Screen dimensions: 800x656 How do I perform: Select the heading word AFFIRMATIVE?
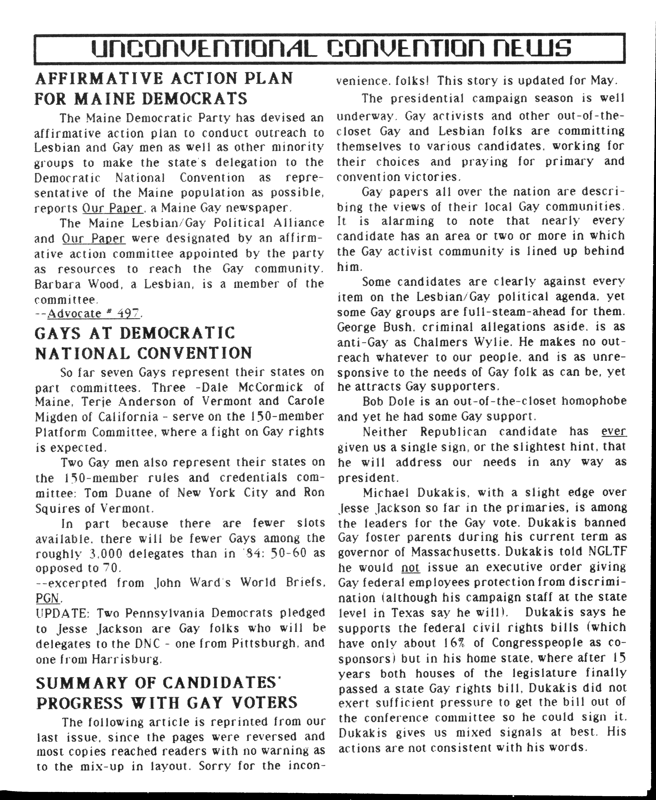[98, 79]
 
